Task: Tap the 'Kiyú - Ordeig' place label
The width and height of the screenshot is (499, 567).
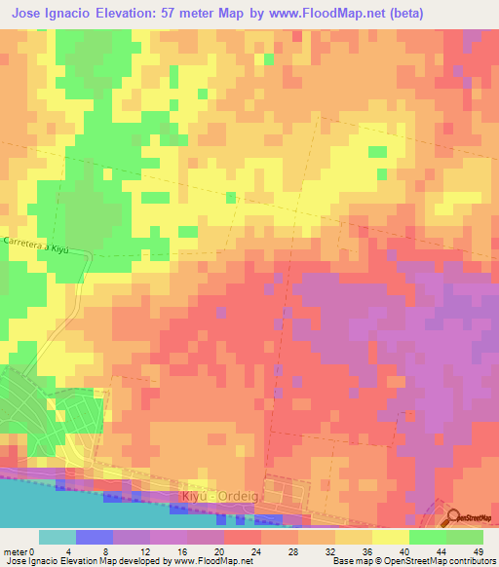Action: click(x=219, y=497)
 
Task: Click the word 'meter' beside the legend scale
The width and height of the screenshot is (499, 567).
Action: click(x=15, y=551)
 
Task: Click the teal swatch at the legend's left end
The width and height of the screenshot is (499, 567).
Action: click(x=58, y=537)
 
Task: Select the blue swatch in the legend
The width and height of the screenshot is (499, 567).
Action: click(x=95, y=537)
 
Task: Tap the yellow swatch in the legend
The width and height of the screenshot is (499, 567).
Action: click(x=391, y=537)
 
